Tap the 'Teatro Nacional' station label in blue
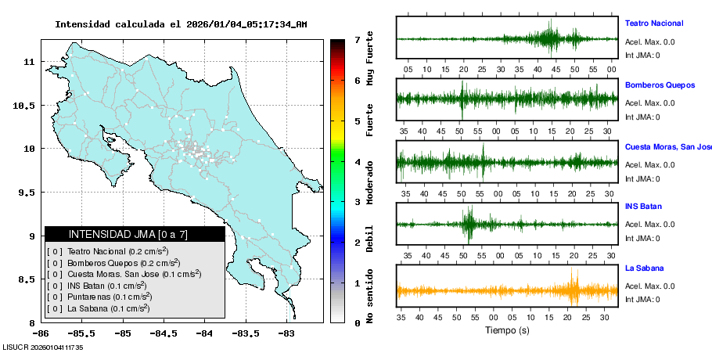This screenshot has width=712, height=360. pos(653,23)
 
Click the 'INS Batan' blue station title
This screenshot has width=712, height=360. pos(643,207)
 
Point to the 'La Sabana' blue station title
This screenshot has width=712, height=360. pos(644,268)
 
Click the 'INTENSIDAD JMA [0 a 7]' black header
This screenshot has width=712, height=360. pos(135,234)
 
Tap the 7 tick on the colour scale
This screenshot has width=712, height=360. pos(357,39)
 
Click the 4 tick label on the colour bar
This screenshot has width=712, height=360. pos(357,162)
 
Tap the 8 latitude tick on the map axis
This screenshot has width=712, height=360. pos(34,322)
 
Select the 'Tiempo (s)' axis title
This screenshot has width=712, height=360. pos(507,331)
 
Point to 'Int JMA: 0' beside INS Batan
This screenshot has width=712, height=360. pos(642,239)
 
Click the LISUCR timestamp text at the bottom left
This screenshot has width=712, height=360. pos(43,347)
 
